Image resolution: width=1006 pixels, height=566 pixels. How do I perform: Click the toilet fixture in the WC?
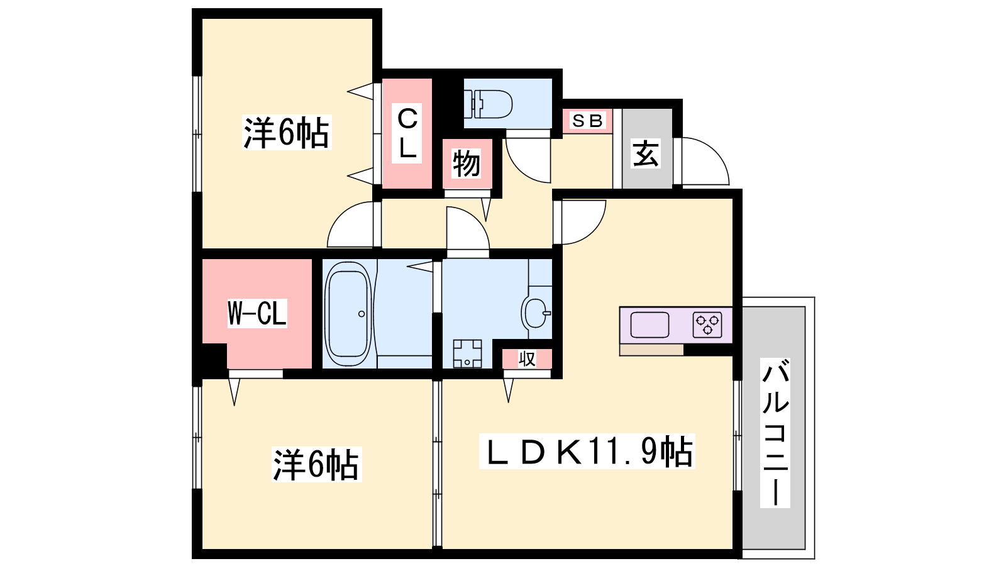488,104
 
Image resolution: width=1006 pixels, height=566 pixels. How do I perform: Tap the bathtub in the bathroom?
348,314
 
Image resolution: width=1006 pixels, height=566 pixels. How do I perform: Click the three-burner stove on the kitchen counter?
707,325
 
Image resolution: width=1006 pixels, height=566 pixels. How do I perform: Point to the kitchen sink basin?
649,325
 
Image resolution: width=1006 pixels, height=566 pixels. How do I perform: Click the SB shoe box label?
587,120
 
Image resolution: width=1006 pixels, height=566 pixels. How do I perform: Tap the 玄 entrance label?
646,153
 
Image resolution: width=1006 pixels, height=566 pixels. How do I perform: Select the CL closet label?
407,133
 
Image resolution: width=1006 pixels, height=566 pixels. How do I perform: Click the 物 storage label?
466,163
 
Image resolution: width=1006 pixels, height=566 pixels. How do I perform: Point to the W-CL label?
257,313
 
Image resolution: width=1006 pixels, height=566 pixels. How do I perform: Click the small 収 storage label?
527,359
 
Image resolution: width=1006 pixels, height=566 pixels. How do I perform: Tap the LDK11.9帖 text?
587,451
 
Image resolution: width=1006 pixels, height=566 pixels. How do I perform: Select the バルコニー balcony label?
775,433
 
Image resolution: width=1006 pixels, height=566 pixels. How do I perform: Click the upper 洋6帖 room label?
287,132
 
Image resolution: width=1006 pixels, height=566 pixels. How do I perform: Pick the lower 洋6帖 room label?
317,465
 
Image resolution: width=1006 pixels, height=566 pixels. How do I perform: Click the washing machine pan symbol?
467,353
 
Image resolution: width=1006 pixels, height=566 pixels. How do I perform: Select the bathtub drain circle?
362,314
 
